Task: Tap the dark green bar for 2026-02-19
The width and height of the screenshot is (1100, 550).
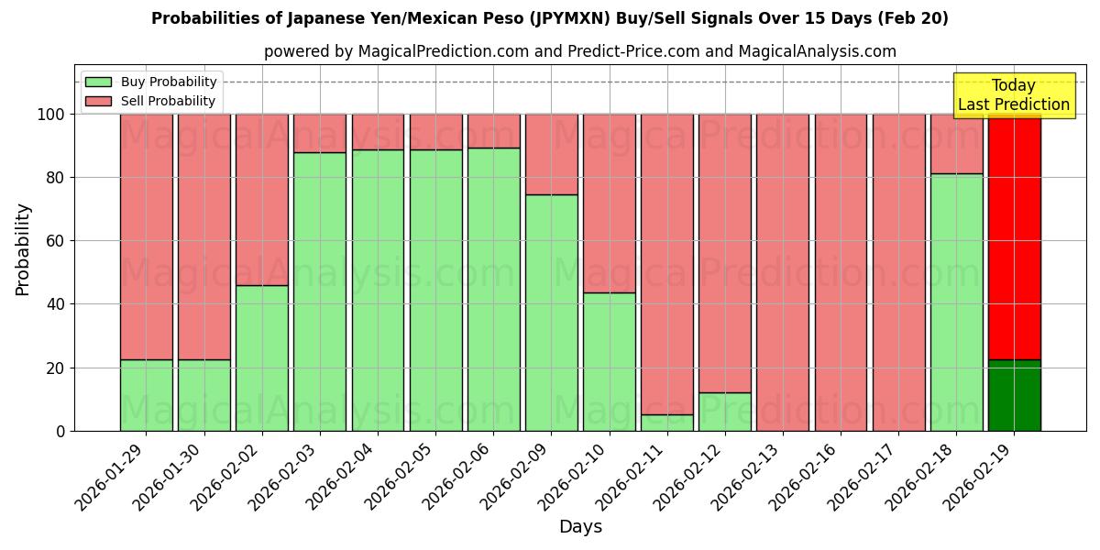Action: [1015, 395]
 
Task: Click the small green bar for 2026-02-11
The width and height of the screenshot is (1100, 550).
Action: [667, 423]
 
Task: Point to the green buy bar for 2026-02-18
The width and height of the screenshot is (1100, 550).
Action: [956, 302]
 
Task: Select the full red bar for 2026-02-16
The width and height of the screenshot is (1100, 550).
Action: [841, 272]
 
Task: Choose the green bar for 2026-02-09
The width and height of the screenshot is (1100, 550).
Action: [551, 313]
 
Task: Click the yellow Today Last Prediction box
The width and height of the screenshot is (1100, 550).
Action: [1013, 95]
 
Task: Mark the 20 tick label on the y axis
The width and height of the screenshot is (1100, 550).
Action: [56, 368]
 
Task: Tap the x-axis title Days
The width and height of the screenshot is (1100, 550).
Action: [580, 527]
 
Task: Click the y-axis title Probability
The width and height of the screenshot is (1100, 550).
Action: [23, 249]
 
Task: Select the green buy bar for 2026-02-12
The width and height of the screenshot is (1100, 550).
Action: [725, 412]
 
